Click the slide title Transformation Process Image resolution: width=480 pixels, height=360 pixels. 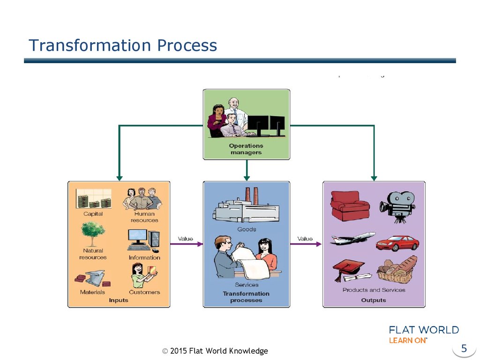pyautogui.click(x=123, y=45)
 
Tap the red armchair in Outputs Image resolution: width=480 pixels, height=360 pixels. pyautogui.click(x=350, y=205)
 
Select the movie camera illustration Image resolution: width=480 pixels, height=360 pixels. pyautogui.click(x=397, y=206)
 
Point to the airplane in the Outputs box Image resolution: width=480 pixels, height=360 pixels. pyautogui.click(x=352, y=238)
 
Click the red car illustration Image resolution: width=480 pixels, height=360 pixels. pyautogui.click(x=397, y=243)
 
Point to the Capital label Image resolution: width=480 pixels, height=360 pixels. pyautogui.click(x=92, y=214)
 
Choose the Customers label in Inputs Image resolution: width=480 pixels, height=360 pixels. pyautogui.click(x=144, y=292)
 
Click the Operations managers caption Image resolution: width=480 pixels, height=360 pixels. pyautogui.click(x=246, y=149)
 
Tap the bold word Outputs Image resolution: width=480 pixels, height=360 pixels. pyautogui.click(x=374, y=300)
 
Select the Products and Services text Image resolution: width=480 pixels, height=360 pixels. pyautogui.click(x=374, y=290)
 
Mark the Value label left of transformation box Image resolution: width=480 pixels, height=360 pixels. pyautogui.click(x=185, y=239)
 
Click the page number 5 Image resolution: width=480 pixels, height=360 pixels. pyautogui.click(x=464, y=348)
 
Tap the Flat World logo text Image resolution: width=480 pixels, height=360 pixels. pyautogui.click(x=424, y=330)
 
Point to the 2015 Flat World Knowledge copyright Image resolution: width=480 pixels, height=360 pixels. pyautogui.click(x=215, y=351)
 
